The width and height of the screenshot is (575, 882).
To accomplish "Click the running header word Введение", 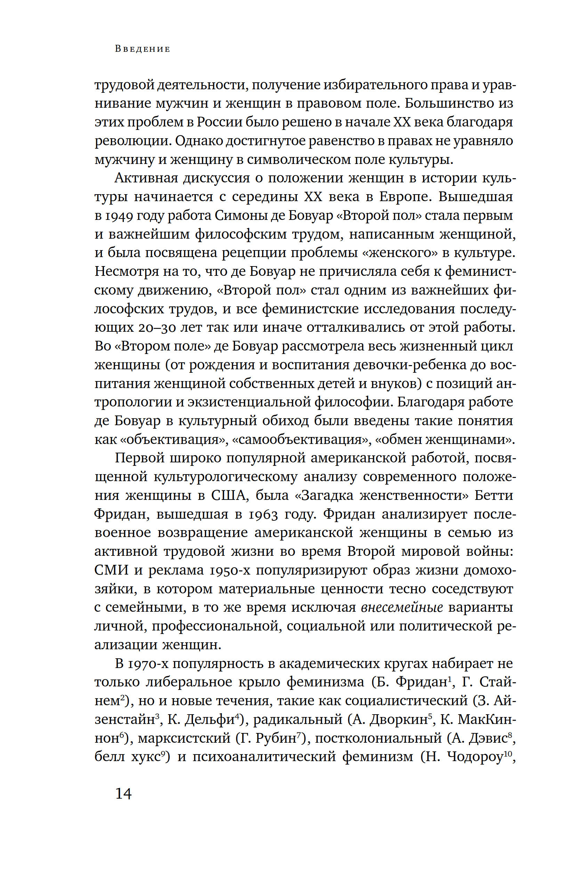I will pos(143,49).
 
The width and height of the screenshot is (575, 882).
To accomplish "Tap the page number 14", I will pos(123,793).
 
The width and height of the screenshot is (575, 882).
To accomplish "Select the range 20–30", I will pos(159,328).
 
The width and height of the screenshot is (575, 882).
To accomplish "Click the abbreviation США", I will pos(229,496).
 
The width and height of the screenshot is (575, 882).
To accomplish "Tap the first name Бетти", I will pos(494,496).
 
